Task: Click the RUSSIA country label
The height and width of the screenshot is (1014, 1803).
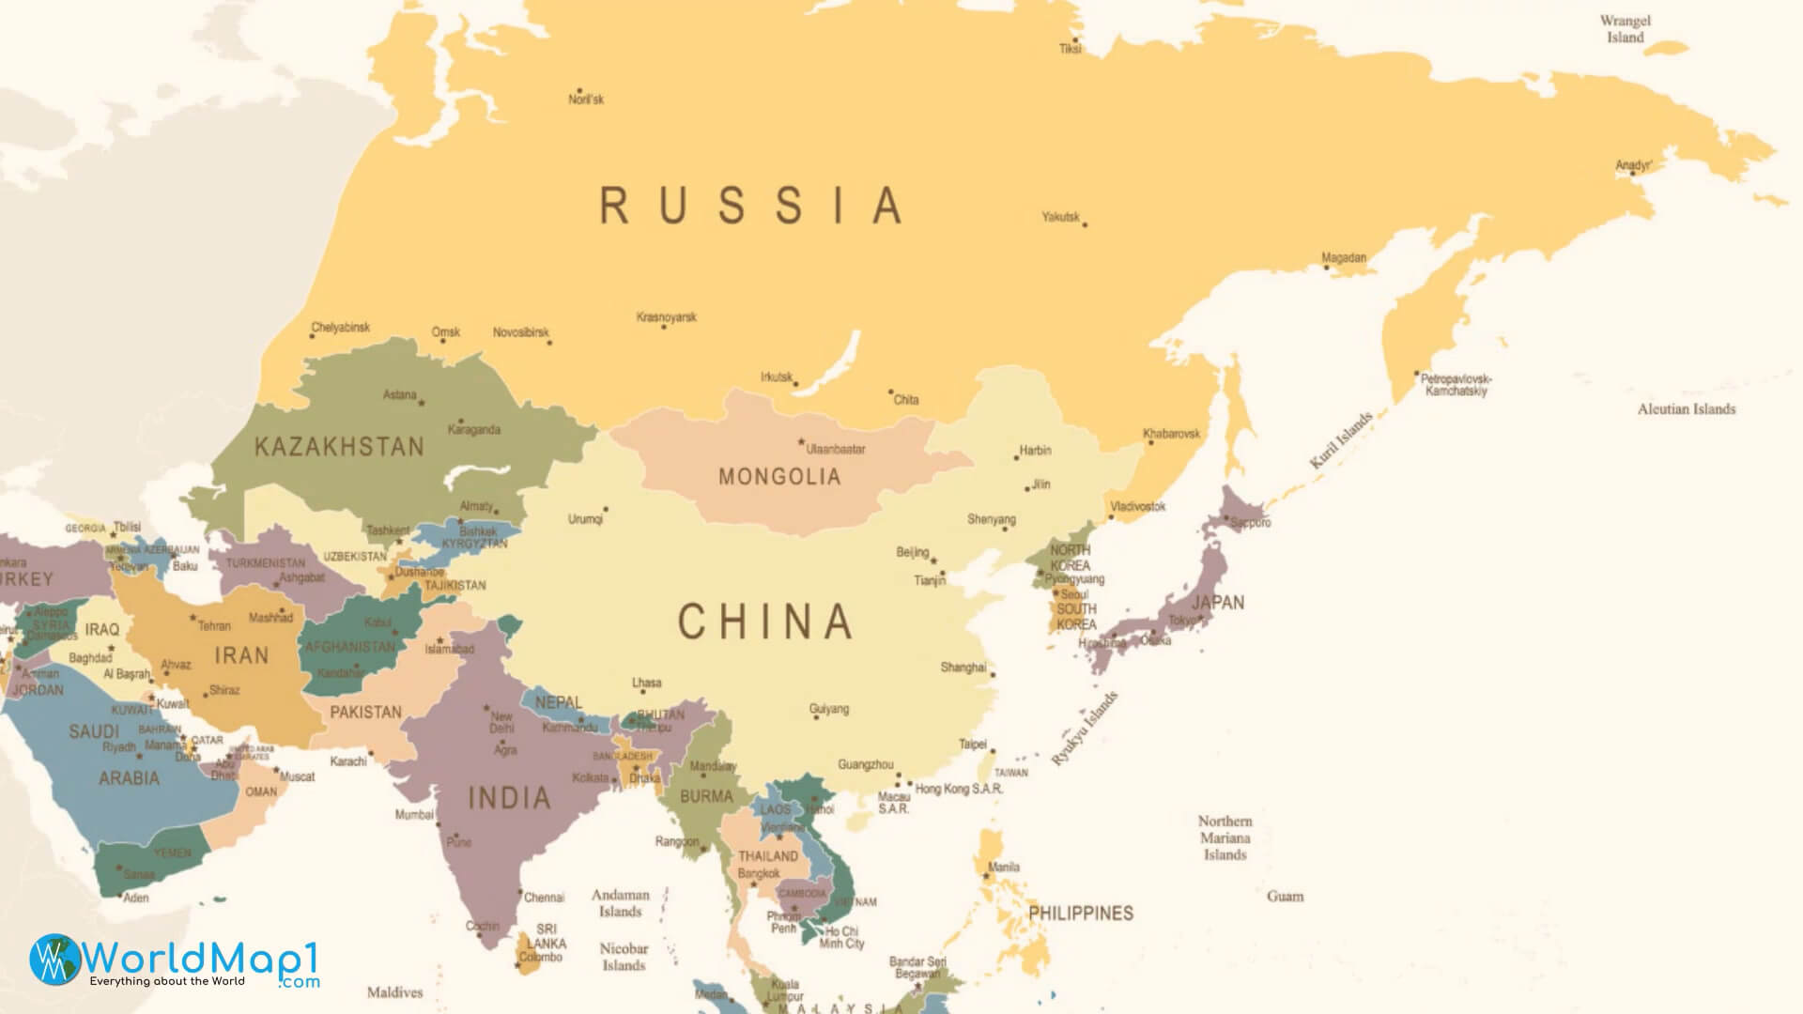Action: pos(751,206)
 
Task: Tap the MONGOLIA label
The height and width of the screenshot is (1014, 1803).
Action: pos(778,477)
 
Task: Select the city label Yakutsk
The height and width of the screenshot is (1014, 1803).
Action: pos(1060,217)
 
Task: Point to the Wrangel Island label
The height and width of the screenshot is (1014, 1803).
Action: pos(1625,29)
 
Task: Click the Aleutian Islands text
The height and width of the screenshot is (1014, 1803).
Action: pos(1686,409)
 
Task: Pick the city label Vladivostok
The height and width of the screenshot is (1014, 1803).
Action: pos(1137,506)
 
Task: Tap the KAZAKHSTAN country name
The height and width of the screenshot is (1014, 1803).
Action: pos(339,447)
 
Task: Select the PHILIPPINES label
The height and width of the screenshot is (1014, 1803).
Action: pos(1080,913)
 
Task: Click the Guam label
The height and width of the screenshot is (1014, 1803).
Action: pos(1285,896)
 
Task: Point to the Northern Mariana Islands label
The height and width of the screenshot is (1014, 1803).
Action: pos(1225,837)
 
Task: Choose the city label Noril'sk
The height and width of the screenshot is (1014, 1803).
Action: pos(586,100)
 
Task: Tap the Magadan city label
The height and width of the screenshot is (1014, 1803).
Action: pos(1344,257)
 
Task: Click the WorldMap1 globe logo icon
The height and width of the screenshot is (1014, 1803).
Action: pos(55,960)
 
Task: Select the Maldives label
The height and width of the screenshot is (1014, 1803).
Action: pos(394,991)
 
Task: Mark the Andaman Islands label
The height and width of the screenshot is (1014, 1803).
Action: pos(620,903)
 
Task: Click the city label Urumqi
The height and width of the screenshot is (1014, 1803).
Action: pos(585,519)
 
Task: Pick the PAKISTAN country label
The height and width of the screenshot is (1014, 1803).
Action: pos(365,712)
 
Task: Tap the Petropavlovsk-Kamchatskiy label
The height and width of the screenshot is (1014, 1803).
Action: pos(1456,385)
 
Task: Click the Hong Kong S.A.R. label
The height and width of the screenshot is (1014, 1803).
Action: pos(959,789)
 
